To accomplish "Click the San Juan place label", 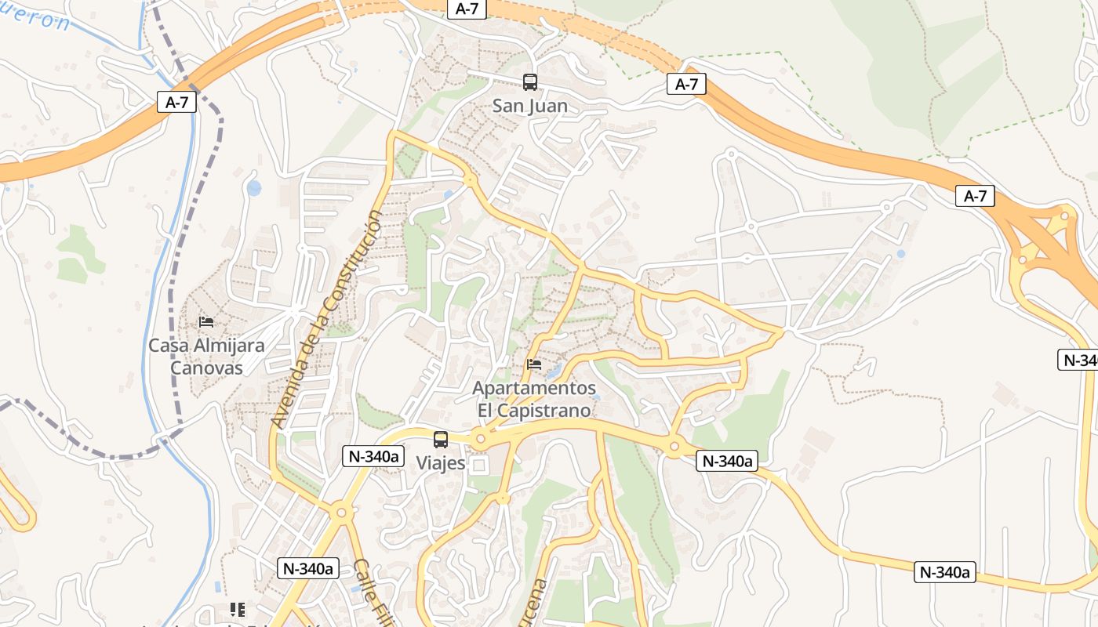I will click(x=530, y=106).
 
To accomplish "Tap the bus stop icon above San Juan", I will click(x=530, y=82).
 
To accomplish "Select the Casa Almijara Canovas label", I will click(x=206, y=356).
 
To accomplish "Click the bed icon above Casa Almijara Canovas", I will click(x=206, y=321).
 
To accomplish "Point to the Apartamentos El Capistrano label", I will click(x=534, y=399).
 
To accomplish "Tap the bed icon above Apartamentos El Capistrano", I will click(x=534, y=364).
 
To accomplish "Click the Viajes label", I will click(x=441, y=463).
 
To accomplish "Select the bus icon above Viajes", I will click(x=441, y=439).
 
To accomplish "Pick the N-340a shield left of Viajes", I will click(x=373, y=456).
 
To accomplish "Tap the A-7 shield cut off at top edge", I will click(x=467, y=9).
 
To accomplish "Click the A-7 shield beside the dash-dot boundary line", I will click(x=176, y=102).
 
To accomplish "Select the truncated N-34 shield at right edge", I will click(x=1079, y=360).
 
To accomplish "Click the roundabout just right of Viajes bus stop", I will click(x=479, y=441).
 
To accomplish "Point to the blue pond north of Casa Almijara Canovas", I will click(x=254, y=188).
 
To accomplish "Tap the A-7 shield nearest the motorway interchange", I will click(x=975, y=196).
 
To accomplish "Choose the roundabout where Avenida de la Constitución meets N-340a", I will click(x=340, y=513).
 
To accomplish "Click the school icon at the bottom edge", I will click(x=238, y=609).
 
